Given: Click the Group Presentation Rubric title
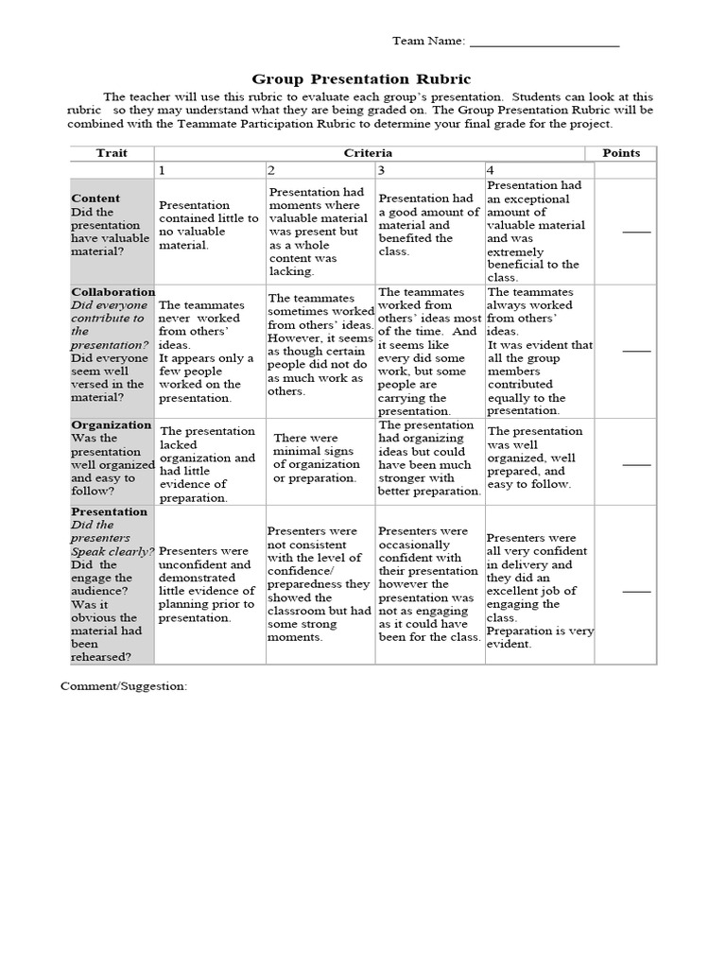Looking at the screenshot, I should pyautogui.click(x=362, y=79).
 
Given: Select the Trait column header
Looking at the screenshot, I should pyautogui.click(x=112, y=153).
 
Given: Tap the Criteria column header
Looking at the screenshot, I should pyautogui.click(x=368, y=153).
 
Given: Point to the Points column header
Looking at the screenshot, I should pyautogui.click(x=621, y=153).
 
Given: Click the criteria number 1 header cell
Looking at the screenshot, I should pyautogui.click(x=209, y=170).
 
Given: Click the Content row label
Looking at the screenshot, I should pyautogui.click(x=95, y=199).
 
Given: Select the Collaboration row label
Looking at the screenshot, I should pyautogui.click(x=113, y=292).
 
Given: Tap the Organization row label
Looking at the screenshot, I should pyautogui.click(x=112, y=424).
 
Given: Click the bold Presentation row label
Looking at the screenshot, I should pyautogui.click(x=110, y=511).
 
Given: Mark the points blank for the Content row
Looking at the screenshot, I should pyautogui.click(x=636, y=231).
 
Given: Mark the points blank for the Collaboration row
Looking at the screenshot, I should pyautogui.click(x=636, y=350).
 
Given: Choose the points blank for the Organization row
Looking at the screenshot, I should pyautogui.click(x=636, y=464).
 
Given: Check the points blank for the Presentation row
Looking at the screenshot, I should pyautogui.click(x=636, y=591).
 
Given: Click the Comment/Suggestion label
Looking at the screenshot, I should pyautogui.click(x=124, y=685).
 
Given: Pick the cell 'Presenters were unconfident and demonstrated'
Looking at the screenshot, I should pyautogui.click(x=209, y=584).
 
